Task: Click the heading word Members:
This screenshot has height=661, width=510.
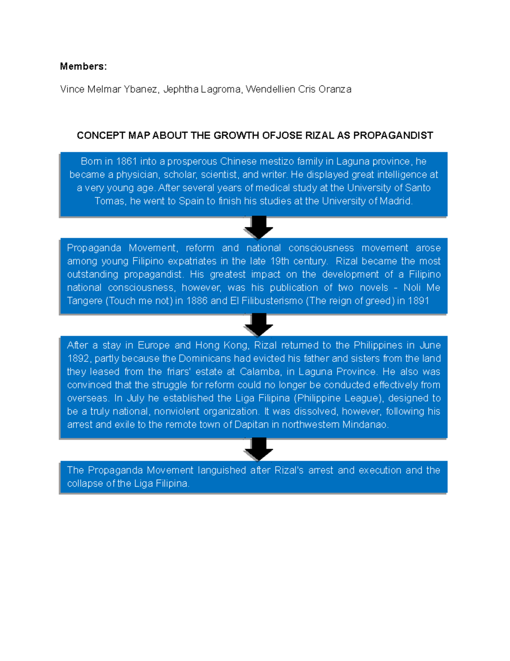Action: point(83,66)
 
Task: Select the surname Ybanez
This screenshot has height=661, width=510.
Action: point(142,89)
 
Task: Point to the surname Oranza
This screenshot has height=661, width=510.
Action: point(335,89)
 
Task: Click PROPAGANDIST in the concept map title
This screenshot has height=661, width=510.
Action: point(393,135)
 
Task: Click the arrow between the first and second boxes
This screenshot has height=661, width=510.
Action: point(258,227)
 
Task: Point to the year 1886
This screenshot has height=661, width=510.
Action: point(196,300)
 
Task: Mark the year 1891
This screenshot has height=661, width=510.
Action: point(418,300)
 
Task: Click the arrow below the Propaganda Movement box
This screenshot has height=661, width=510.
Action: point(258,325)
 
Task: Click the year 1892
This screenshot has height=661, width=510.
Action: point(78,358)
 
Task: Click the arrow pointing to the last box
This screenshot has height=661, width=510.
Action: point(258,449)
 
